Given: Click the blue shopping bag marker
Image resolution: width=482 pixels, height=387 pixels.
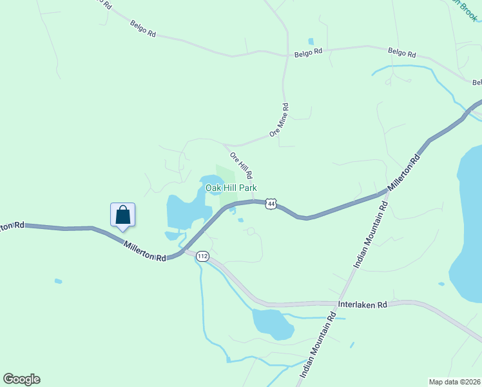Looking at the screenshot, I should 122,215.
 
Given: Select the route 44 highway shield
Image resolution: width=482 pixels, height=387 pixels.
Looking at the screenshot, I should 271,204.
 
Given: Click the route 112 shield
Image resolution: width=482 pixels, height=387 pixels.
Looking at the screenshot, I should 203,256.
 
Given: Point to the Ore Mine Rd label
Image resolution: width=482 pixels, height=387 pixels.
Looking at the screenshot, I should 280,119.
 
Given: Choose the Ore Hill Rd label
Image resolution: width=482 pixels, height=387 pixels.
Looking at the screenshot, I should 241,165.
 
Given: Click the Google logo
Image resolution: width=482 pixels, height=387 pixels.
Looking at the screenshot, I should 21,379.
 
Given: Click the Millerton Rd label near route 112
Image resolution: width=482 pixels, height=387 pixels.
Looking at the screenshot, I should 144,251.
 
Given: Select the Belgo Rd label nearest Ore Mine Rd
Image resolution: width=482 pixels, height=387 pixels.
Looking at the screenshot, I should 308,52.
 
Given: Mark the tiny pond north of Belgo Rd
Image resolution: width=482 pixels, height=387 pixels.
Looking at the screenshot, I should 311,42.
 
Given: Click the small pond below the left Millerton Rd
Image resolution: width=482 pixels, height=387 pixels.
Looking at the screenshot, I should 59,281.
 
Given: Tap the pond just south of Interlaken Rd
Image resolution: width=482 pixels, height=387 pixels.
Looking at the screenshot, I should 272,322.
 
